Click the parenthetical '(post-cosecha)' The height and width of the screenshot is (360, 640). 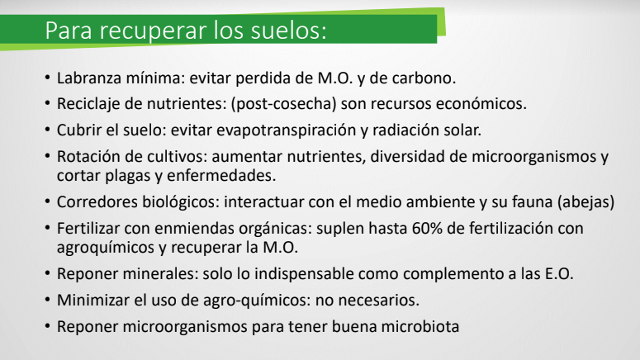[x=284, y=104]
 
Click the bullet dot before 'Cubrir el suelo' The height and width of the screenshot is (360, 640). [x=48, y=130]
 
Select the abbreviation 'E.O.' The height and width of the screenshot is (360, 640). [x=559, y=273]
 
